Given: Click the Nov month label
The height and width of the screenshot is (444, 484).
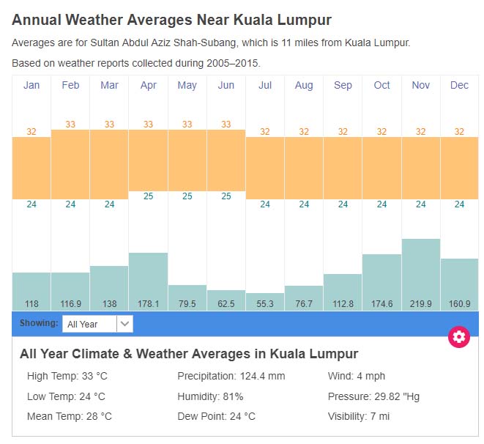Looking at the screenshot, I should click(421, 86).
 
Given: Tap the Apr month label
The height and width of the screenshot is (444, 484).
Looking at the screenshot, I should click(148, 86).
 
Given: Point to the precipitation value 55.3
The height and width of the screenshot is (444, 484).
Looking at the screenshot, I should click(265, 304).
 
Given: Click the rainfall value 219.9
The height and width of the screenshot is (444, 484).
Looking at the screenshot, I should click(421, 304).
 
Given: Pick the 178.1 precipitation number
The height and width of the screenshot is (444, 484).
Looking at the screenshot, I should click(148, 304).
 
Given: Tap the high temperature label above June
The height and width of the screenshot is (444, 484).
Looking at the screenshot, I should click(226, 125).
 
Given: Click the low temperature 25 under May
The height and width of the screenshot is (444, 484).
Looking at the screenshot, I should click(187, 196).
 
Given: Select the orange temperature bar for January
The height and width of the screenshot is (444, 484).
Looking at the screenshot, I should click(31, 168).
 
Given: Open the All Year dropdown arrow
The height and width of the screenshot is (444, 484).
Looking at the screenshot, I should click(124, 324).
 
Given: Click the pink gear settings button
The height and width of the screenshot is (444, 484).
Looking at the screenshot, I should click(459, 337).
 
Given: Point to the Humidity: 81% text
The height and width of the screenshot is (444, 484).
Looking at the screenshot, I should click(210, 396).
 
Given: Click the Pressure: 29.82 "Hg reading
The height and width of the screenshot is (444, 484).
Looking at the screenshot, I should click(373, 396).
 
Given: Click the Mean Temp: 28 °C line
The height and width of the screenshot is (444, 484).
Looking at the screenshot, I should click(70, 416).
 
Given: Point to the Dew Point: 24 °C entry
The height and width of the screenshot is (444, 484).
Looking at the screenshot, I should click(217, 416).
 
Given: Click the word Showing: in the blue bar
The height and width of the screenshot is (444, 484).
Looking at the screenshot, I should click(39, 323).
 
